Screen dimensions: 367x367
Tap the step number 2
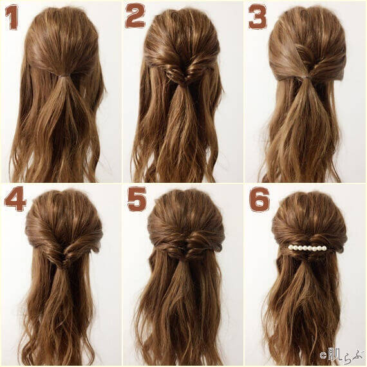135,16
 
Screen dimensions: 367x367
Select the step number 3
258,17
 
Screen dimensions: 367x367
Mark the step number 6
259,200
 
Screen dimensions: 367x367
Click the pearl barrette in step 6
308,247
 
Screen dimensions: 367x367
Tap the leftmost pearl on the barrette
291,247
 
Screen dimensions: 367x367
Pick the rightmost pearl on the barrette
326,246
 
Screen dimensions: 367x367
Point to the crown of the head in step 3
307,19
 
